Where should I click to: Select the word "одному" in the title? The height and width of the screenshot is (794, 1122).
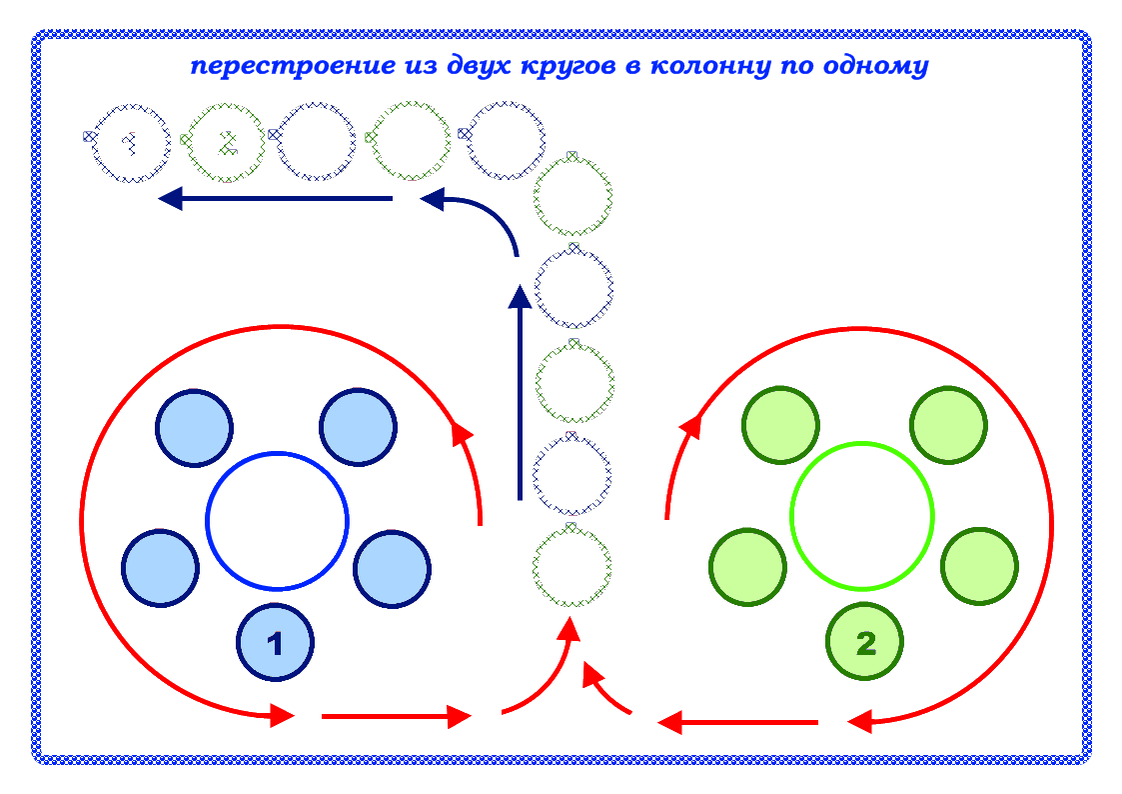click(x=879, y=67)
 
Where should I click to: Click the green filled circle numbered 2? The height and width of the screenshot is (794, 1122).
click(x=865, y=642)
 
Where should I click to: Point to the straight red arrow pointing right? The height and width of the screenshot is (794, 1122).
click(x=396, y=716)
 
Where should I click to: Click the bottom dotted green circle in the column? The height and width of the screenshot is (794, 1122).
click(x=570, y=567)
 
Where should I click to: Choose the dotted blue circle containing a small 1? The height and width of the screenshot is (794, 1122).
click(x=129, y=142)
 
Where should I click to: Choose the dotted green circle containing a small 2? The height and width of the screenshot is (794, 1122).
click(x=226, y=142)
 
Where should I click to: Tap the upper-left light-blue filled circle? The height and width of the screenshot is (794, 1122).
click(x=194, y=428)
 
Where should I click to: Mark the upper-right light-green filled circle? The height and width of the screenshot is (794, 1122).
click(x=948, y=424)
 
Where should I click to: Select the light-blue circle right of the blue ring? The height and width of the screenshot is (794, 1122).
click(x=392, y=569)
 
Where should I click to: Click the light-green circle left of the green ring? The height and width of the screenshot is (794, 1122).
click(x=746, y=567)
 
